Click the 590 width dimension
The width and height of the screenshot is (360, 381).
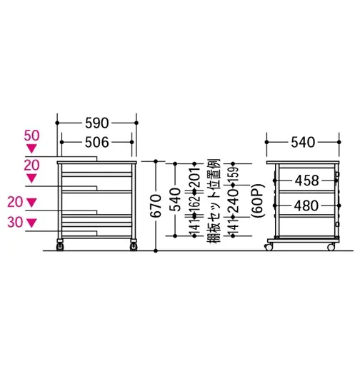click(x=97, y=123)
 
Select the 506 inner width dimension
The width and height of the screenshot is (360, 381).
click(x=97, y=142)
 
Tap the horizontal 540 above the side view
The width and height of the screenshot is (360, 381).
click(x=303, y=142)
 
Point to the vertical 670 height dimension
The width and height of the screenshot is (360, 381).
click(x=156, y=205)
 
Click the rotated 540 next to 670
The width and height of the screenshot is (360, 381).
click(x=175, y=200)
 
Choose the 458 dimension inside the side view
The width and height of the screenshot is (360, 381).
click(x=306, y=181)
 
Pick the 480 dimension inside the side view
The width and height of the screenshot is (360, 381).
click(x=306, y=205)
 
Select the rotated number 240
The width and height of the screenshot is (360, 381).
click(x=233, y=201)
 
